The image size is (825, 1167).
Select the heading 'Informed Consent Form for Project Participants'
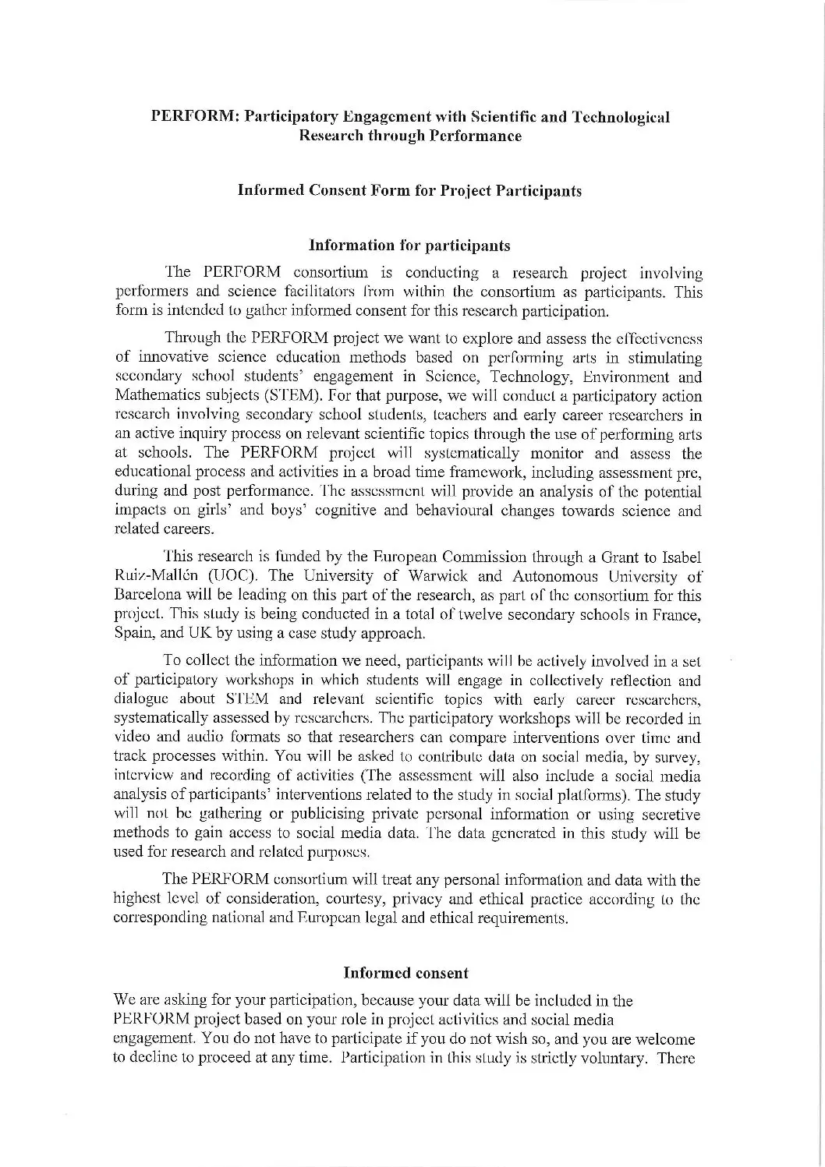(x=409, y=191)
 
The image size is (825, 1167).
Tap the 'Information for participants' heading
(x=409, y=246)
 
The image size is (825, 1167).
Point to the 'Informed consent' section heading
(x=405, y=973)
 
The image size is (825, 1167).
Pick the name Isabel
(x=682, y=557)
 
